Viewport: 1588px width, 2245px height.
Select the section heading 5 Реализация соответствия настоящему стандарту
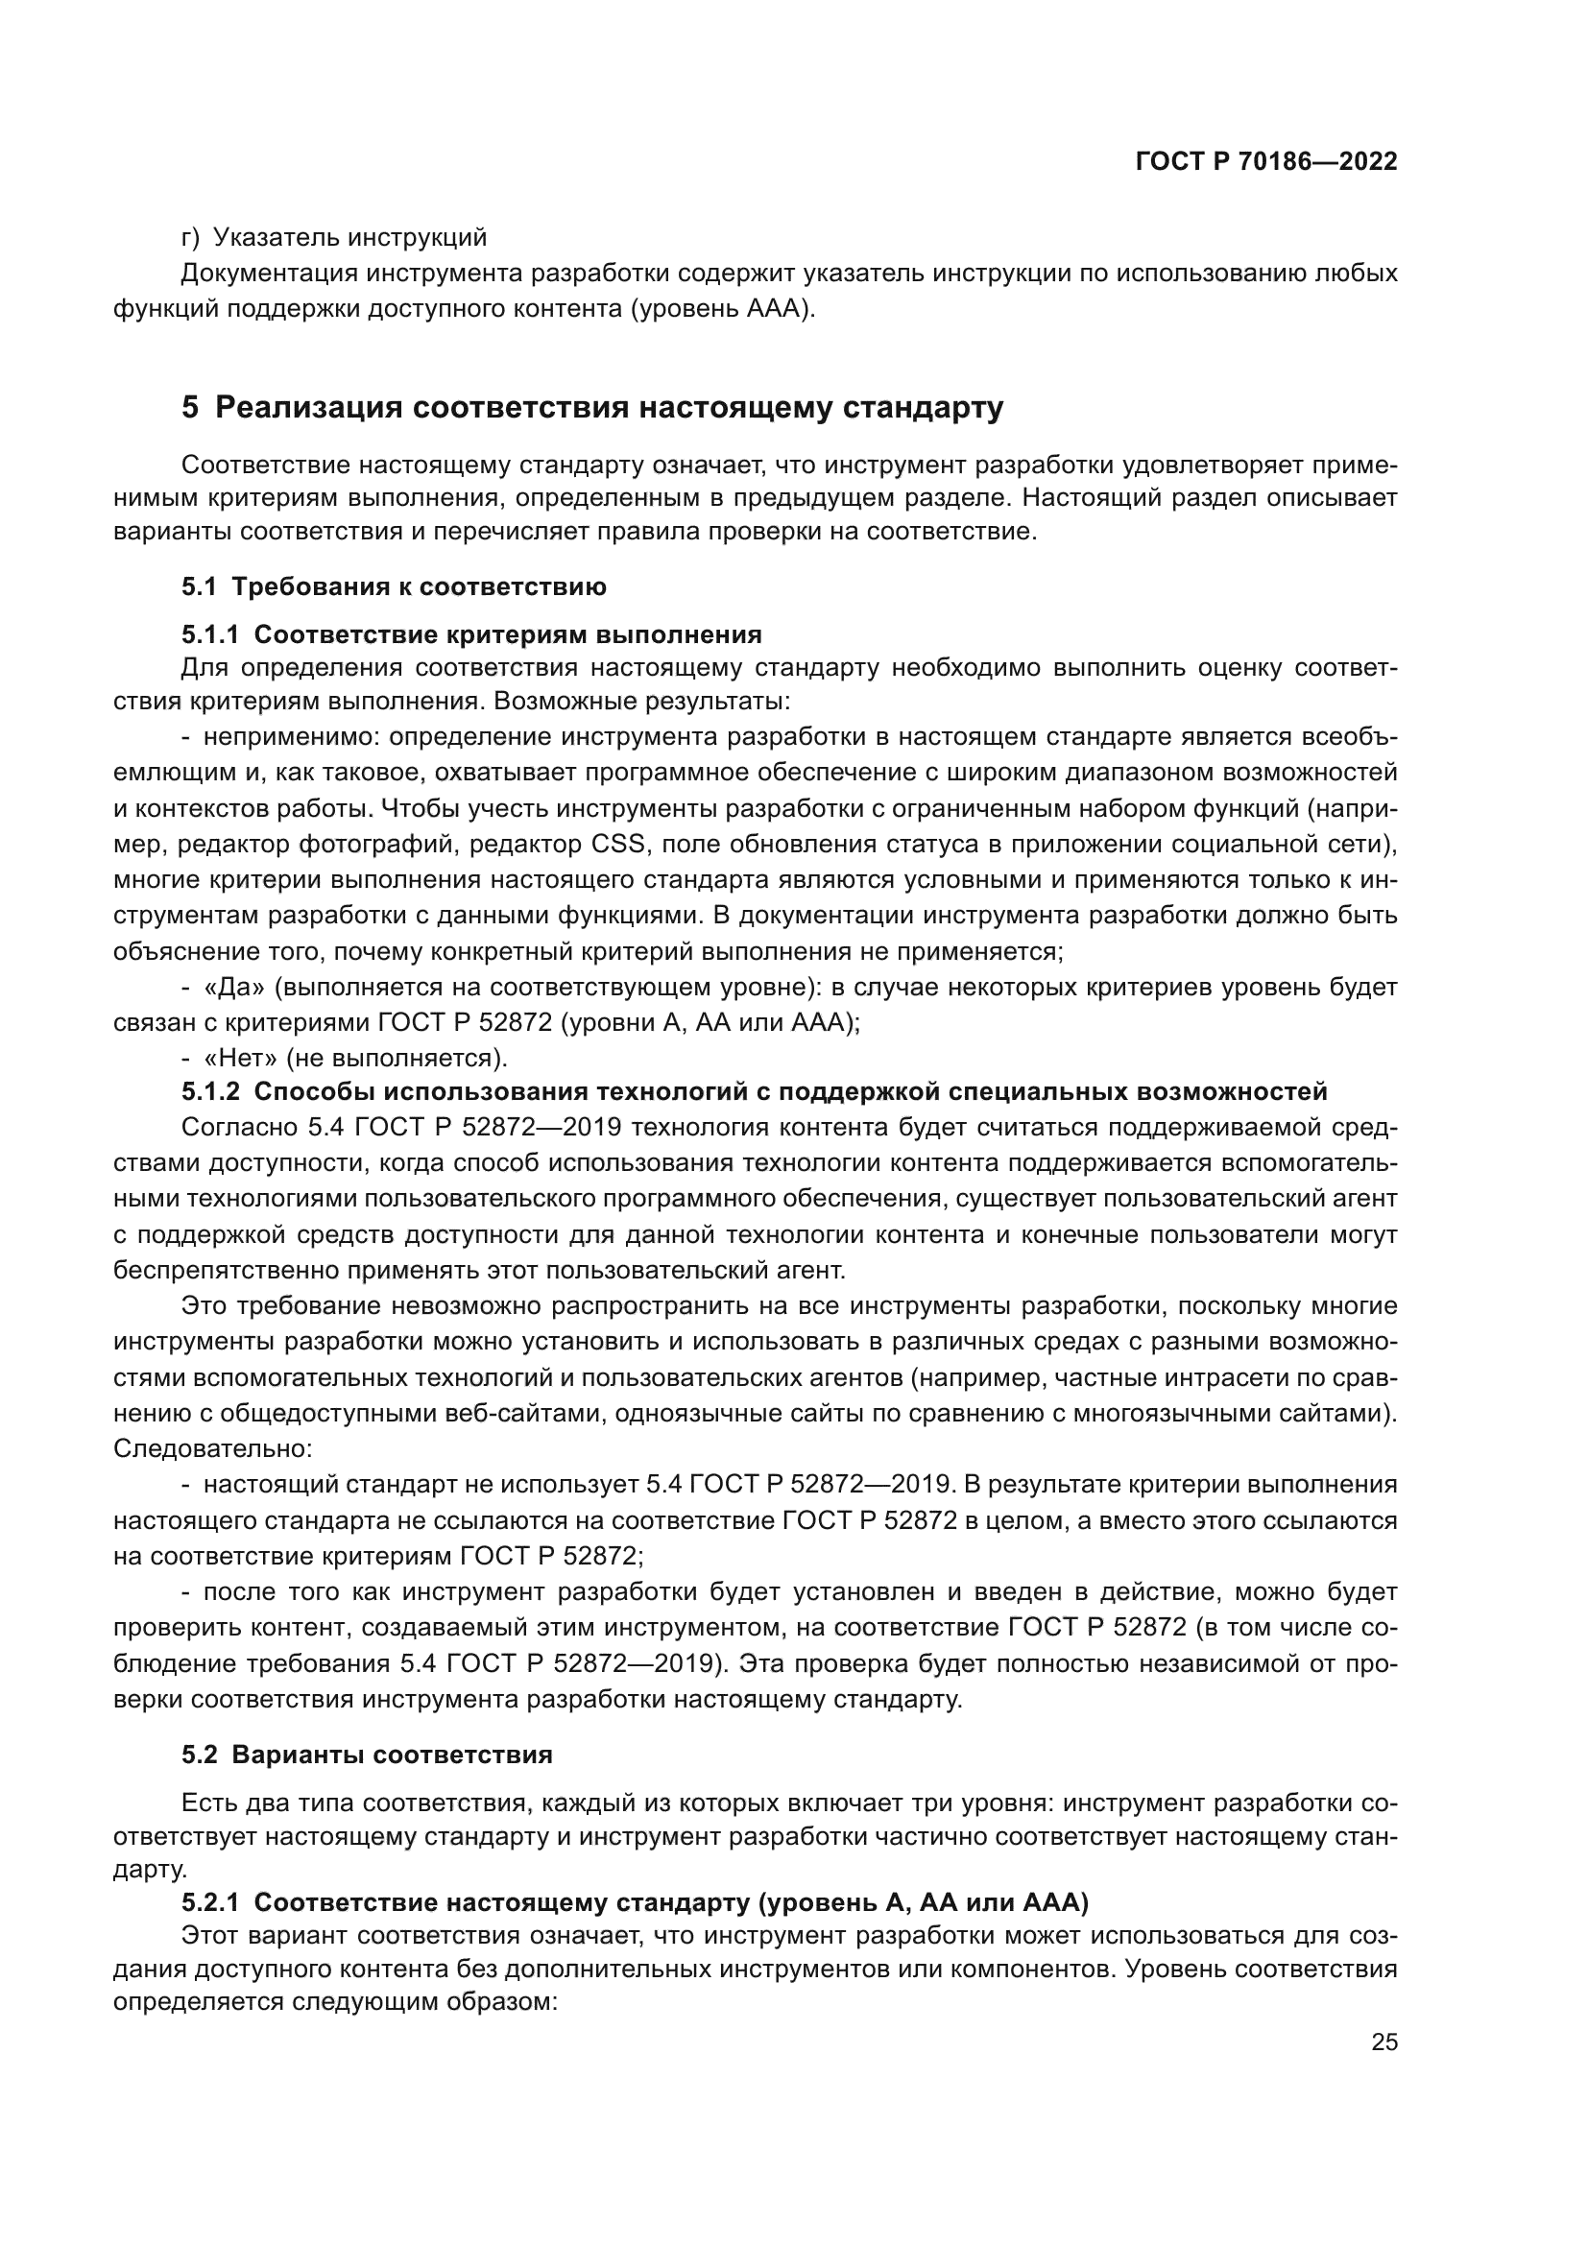coord(591,408)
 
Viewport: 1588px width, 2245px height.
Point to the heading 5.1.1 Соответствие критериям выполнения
coord(471,634)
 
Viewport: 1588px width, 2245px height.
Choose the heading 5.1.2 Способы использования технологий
coord(754,1090)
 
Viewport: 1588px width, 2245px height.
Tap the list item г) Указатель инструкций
coord(334,237)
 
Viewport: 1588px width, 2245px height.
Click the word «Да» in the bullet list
coord(233,987)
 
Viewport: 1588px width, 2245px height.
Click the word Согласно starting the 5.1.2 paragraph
coord(240,1127)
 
